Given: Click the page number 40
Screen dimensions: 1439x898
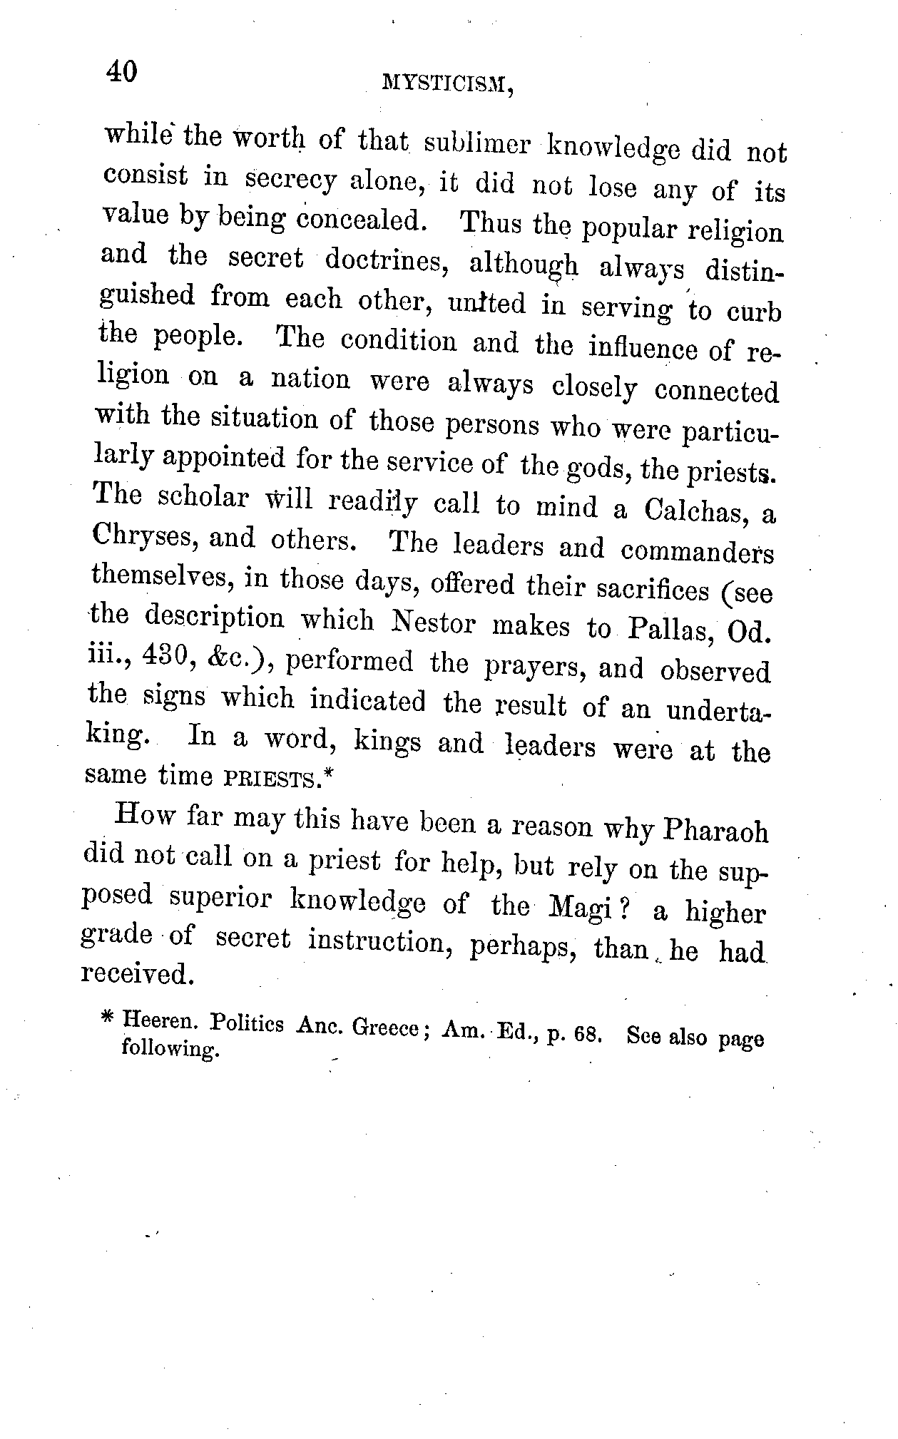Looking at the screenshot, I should coord(121,71).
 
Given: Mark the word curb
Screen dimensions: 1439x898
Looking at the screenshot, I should coord(754,312).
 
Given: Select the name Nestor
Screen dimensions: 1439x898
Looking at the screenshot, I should coord(434,623).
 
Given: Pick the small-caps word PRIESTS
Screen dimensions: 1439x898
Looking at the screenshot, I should coord(270,778).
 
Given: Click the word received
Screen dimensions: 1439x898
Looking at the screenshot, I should coord(137,973).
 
